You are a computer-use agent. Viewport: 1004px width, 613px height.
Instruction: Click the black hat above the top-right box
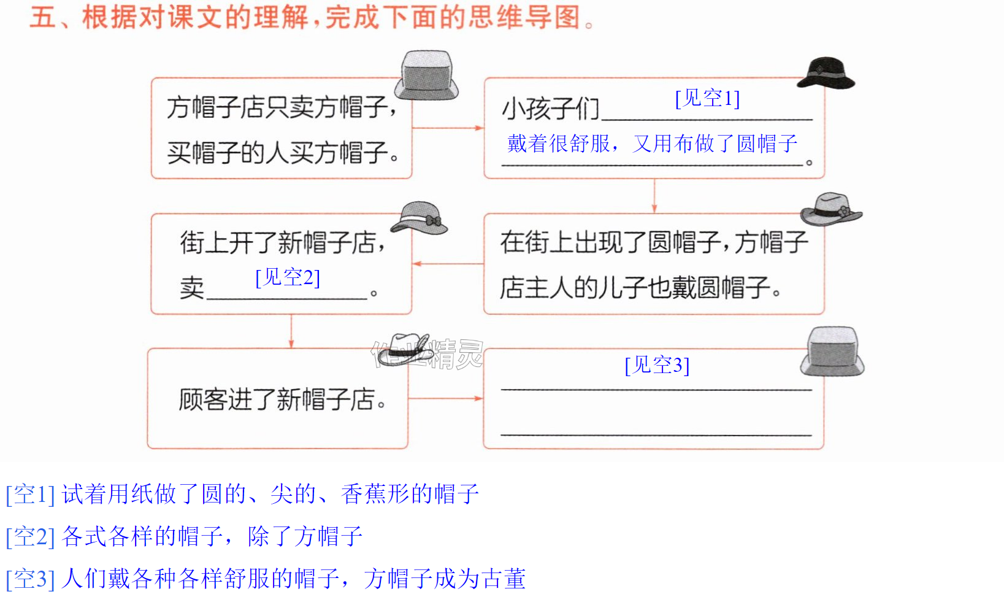point(826,73)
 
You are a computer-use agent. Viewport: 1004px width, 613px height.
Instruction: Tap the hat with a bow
point(419,218)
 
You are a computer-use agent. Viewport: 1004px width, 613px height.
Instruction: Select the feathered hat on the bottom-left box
point(405,349)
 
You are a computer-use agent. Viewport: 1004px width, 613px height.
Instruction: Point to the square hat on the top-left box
point(426,75)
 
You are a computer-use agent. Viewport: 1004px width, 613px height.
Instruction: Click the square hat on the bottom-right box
point(832,351)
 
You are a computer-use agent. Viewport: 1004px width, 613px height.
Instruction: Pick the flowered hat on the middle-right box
point(832,209)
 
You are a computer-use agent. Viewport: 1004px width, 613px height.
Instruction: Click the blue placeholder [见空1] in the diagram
point(707,98)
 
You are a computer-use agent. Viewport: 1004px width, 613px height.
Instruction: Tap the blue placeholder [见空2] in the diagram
point(288,277)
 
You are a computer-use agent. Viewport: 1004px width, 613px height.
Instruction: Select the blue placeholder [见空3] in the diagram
point(657,365)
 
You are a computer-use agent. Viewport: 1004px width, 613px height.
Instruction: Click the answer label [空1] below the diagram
point(31,495)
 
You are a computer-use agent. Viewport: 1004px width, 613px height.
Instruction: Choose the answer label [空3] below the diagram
point(31,579)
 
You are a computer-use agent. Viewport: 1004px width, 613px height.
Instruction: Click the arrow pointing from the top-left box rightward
point(448,128)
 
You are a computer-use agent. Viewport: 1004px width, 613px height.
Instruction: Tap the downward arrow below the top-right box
point(654,196)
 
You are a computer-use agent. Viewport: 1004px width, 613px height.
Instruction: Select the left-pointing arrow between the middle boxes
point(448,264)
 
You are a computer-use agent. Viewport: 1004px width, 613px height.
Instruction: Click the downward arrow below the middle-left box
point(291,331)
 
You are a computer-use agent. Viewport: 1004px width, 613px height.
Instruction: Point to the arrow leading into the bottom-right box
point(445,398)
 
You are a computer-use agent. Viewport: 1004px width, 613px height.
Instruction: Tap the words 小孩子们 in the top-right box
point(550,109)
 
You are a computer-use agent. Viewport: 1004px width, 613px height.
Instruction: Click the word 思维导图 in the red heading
point(524,18)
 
